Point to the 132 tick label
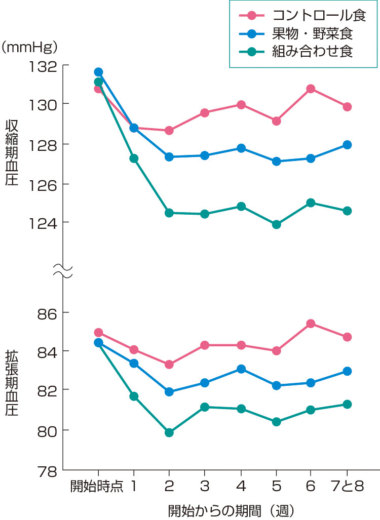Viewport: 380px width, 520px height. coord(44,66)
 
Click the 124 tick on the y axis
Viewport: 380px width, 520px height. coord(44,223)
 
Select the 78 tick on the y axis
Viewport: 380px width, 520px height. coord(47,470)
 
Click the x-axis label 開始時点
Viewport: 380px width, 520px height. coord(97,487)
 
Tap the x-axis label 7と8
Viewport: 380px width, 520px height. coord(348,487)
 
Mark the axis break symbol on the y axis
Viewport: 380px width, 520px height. coord(63,271)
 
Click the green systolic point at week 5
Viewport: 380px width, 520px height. coord(276,224)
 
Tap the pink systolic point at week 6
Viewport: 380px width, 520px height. coord(311,89)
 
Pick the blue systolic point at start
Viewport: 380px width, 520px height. coord(98,72)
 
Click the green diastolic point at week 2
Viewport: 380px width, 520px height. coord(169,432)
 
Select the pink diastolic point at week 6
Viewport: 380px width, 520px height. coord(311,324)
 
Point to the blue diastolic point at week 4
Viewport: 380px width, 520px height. coord(241,369)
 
